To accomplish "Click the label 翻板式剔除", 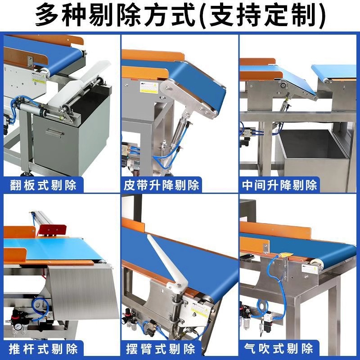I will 43,184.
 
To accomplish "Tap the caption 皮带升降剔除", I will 162,184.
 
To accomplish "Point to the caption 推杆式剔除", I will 43,348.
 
